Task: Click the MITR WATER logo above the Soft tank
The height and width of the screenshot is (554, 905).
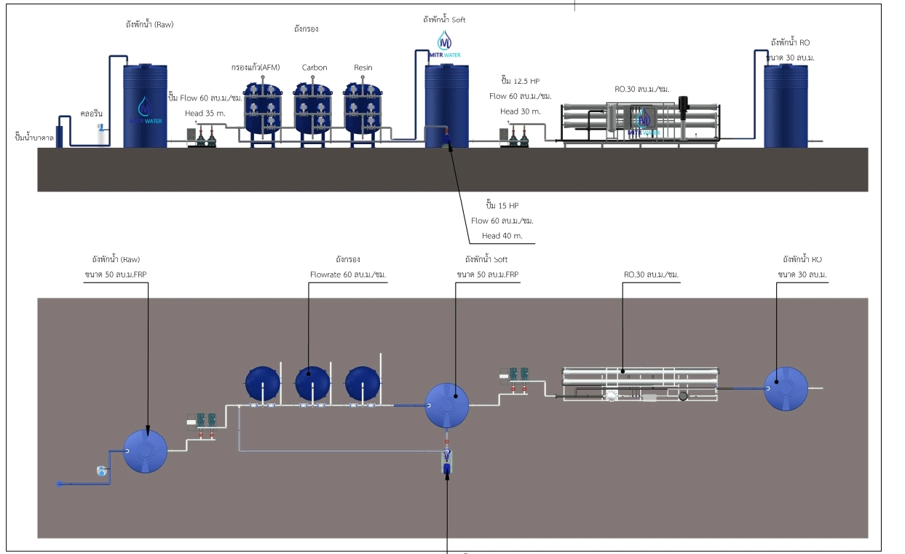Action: coord(444,43)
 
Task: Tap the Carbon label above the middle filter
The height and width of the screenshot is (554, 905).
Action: coord(315,68)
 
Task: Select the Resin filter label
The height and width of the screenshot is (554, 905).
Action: coord(363,68)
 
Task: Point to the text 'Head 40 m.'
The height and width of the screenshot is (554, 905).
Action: coord(501,236)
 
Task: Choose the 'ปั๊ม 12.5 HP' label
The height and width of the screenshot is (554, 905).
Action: coord(521,80)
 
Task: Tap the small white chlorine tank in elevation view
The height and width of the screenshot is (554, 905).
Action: coord(102,135)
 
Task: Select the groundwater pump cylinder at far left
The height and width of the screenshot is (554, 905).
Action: coord(59,131)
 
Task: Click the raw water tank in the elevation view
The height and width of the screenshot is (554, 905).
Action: coord(145,106)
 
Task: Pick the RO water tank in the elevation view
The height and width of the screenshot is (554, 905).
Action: coord(786,106)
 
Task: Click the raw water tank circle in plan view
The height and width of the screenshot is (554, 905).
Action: coord(146,451)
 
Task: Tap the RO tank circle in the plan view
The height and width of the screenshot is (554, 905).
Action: coord(786,388)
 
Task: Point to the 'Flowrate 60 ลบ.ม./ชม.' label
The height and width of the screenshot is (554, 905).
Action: coord(347,274)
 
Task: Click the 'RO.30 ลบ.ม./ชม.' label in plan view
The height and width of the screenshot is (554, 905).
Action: coord(647,274)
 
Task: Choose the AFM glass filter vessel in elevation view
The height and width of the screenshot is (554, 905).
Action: coord(263,109)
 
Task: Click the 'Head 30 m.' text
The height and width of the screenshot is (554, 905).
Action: coord(520,111)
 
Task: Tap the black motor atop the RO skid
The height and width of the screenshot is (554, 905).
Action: coord(684,105)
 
